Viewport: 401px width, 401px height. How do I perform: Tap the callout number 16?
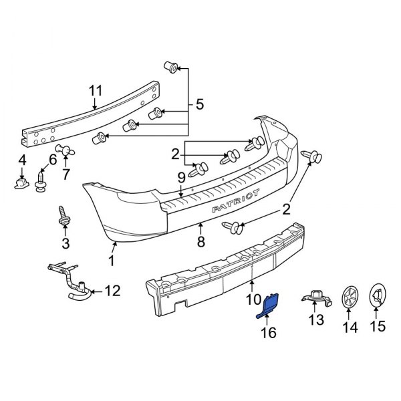tap(268, 332)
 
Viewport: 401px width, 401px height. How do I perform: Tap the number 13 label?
tap(315, 320)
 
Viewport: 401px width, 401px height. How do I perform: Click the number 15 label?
tap(378, 327)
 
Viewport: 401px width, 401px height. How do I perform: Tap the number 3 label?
tap(65, 242)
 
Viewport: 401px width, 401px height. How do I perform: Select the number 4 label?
tap(22, 160)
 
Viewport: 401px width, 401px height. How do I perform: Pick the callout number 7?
tap(65, 175)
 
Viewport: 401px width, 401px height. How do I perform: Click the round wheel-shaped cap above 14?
tap(350, 297)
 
